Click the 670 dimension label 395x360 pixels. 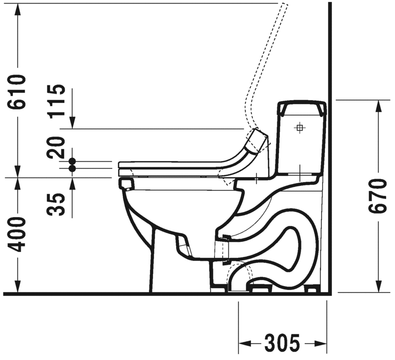coord(377,195)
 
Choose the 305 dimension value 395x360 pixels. coord(282,343)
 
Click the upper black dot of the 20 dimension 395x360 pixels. coord(72,161)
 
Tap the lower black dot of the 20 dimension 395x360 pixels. coord(72,168)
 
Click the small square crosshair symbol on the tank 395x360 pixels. coord(299,128)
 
